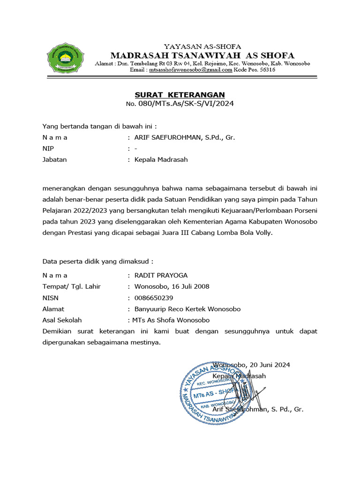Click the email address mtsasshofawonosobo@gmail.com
coord(190,69)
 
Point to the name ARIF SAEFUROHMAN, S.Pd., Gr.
coord(184,137)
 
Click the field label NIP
coord(48,149)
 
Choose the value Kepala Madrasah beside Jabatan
coord(161,159)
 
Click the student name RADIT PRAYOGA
coord(161,275)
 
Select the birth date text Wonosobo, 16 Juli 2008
coord(172,286)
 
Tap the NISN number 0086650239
coord(153,298)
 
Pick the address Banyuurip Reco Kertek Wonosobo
coord(187,309)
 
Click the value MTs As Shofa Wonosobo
coord(172,320)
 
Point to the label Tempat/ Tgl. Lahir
coord(71,286)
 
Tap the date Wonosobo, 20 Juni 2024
coord(251,365)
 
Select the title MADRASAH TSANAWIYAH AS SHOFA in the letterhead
coord(202,55)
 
